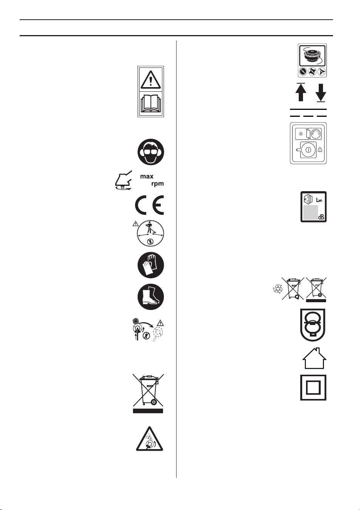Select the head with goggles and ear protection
click(150, 152)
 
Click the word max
click(146, 177)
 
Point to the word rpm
click(158, 183)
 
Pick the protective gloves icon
click(150, 266)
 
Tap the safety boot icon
click(150, 297)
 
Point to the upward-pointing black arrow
click(301, 92)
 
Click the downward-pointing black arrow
click(321, 93)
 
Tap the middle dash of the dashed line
click(308, 116)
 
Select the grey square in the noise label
click(310, 212)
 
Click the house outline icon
click(314, 358)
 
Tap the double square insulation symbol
click(313, 387)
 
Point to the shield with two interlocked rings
click(313, 325)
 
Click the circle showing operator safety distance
click(150, 234)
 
